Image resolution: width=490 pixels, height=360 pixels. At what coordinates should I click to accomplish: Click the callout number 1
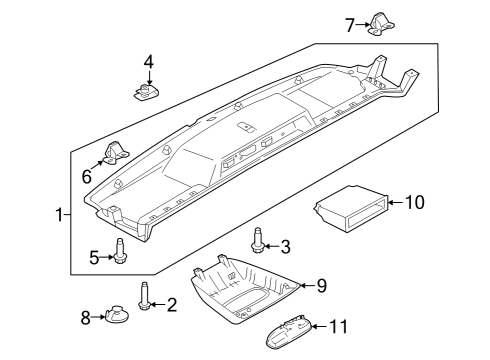[58, 214]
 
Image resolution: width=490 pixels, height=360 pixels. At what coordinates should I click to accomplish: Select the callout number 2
[171, 304]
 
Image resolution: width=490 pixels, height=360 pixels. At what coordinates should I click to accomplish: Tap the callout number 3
[285, 247]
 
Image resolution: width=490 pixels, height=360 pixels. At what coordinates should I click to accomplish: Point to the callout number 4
[149, 63]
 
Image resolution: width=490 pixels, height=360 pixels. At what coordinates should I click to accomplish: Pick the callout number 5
[93, 258]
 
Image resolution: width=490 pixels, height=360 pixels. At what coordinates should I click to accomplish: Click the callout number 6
[87, 177]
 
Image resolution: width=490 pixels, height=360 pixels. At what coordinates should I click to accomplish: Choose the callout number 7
[350, 25]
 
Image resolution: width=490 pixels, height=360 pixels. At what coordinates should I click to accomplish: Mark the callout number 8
[85, 318]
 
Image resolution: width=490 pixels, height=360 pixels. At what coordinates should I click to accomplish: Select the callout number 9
[321, 286]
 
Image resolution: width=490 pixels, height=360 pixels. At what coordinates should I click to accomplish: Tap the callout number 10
[414, 203]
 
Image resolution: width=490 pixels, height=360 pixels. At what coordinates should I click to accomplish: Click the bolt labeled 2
[145, 296]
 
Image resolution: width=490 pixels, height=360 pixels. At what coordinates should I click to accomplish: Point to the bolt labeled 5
[120, 252]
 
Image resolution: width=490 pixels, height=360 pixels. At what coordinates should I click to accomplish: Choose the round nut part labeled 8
[114, 318]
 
